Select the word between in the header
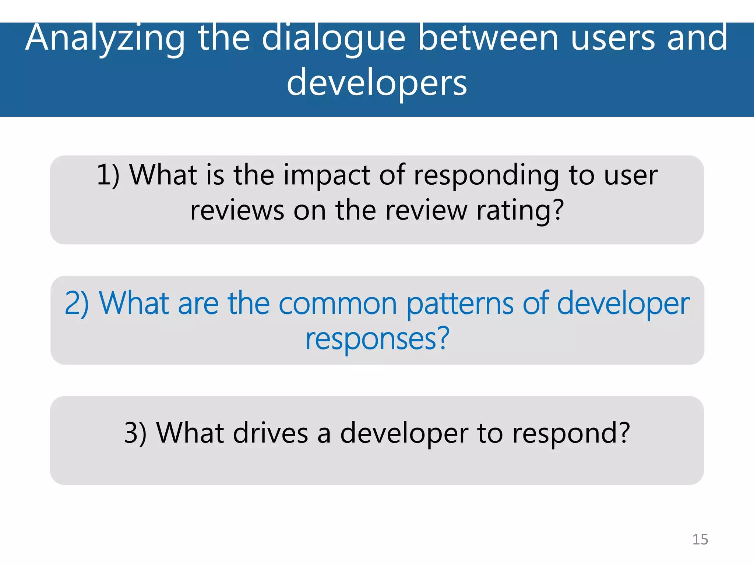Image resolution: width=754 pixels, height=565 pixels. point(489,38)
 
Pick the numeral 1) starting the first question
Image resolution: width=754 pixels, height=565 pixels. point(108,175)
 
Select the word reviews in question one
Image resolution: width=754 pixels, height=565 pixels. point(237,211)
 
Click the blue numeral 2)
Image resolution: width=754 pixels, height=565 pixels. point(77,303)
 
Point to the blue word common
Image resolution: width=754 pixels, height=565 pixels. point(337,304)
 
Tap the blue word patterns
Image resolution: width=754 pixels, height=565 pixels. point(460,303)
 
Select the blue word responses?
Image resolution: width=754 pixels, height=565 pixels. point(377,339)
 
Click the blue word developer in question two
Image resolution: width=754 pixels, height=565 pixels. point(623,304)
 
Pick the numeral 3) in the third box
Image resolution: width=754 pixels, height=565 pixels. point(135,433)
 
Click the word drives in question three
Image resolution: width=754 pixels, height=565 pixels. point(270,433)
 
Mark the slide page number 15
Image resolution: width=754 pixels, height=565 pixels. point(700,540)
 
